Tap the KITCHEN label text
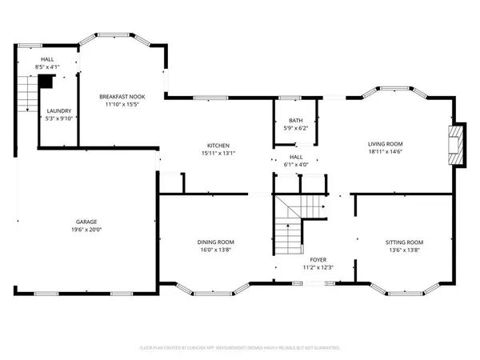(216, 145)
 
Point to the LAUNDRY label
(58, 111)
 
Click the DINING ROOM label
(216, 242)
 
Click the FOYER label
(318, 261)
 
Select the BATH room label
(296, 119)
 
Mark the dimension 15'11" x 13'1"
(216, 153)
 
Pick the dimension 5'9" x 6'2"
(296, 127)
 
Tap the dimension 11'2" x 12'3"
(318, 269)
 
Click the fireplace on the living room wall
(457, 145)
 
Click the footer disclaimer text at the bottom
(240, 348)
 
